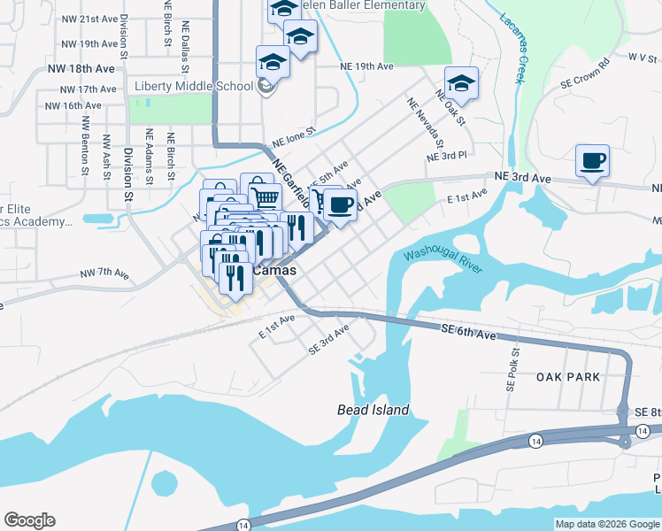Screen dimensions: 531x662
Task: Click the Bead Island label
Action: tap(373, 410)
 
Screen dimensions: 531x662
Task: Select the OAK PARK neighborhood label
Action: tap(568, 377)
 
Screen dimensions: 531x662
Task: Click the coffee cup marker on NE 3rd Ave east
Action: tap(592, 162)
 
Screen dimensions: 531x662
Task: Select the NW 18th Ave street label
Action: tap(81, 67)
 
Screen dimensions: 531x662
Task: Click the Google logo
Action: tap(29, 520)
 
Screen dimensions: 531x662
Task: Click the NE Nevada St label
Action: tap(424, 124)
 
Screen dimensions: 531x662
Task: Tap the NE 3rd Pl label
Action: tap(446, 156)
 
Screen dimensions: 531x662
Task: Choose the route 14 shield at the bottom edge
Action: tap(242, 525)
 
